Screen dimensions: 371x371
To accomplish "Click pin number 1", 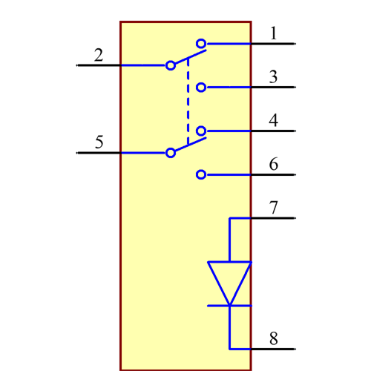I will click(x=273, y=33).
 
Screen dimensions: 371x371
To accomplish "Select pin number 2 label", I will click(x=99, y=55).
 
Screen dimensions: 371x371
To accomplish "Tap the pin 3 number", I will click(x=273, y=76).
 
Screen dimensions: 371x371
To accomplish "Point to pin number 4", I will click(x=274, y=120).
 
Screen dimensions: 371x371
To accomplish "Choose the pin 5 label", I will click(x=99, y=142).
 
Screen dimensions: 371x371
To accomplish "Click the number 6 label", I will click(x=274, y=164).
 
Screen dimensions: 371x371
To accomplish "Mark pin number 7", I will click(x=274, y=208).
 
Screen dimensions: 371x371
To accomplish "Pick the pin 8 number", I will click(x=274, y=339).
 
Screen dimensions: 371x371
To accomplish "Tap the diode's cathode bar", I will click(x=229, y=305).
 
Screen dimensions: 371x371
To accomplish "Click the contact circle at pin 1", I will click(x=201, y=44).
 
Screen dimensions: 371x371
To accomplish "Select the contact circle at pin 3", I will click(x=201, y=88).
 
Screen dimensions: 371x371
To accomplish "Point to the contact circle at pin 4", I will click(x=201, y=131).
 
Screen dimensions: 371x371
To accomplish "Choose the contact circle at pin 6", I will click(x=201, y=175).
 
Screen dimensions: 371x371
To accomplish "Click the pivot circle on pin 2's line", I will click(x=171, y=65).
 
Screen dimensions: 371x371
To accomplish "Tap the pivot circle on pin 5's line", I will click(x=171, y=153).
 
